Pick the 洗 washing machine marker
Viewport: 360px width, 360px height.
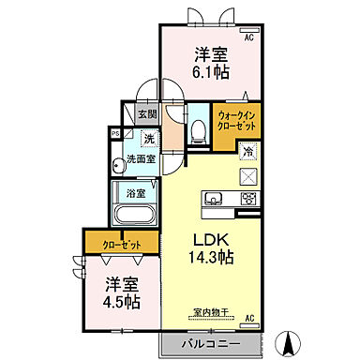(x=148, y=140)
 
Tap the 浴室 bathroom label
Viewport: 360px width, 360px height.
(x=137, y=194)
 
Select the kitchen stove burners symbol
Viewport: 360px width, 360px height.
(x=248, y=198)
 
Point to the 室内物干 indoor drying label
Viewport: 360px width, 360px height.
(x=212, y=313)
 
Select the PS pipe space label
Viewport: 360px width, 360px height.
(x=115, y=134)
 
